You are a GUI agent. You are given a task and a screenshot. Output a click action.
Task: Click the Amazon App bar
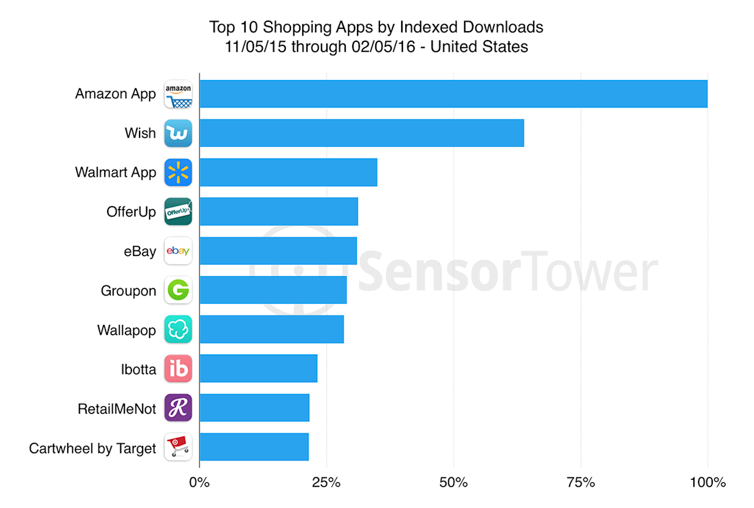[453, 94]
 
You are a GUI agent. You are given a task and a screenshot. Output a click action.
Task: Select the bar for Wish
[361, 133]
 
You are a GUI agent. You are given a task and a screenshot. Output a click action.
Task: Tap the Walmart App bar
[288, 172]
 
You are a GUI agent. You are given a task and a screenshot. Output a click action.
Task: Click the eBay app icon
[178, 251]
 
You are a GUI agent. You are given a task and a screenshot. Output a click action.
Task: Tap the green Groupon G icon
[178, 290]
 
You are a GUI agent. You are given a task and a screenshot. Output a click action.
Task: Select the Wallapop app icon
[178, 330]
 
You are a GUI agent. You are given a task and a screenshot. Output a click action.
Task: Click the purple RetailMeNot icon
[178, 408]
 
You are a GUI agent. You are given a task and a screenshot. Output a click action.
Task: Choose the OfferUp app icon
[178, 212]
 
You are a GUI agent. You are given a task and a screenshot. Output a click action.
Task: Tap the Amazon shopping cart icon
[178, 94]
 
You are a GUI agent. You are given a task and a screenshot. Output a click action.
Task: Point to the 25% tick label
[326, 483]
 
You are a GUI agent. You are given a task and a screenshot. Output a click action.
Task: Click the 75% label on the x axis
[581, 483]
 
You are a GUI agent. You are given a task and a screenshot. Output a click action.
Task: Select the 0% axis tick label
[199, 483]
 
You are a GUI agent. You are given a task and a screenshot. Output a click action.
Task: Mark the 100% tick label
[708, 483]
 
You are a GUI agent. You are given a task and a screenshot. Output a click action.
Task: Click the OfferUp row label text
[131, 212]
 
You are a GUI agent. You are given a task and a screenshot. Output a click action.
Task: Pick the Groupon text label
[128, 291]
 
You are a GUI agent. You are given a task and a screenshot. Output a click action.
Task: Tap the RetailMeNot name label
[117, 409]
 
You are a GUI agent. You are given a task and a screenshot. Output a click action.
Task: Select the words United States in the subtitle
[479, 47]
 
